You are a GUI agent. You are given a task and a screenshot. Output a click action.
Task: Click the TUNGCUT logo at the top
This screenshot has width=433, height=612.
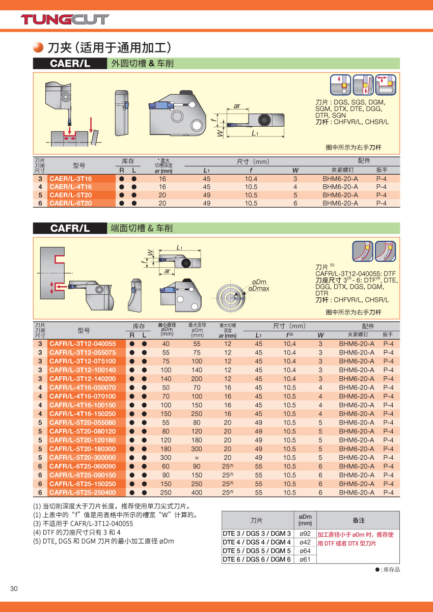[x=65, y=19]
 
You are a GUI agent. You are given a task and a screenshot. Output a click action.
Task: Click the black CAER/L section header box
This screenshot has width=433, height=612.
[x=70, y=64]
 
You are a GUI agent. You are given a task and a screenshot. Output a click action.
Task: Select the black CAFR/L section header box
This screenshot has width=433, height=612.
[x=70, y=229]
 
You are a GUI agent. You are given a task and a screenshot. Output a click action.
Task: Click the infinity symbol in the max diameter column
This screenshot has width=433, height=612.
[x=197, y=458]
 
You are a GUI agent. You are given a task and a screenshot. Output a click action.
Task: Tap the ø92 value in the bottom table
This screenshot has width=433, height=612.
[x=305, y=534]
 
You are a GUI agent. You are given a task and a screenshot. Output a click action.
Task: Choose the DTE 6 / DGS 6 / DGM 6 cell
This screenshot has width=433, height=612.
[x=257, y=560]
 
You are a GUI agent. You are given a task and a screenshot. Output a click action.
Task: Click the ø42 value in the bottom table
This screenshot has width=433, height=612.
[x=305, y=542]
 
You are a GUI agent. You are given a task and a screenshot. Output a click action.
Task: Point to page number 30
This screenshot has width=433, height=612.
[x=14, y=589]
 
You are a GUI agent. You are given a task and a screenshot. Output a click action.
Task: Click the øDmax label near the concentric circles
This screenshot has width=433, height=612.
[x=259, y=289]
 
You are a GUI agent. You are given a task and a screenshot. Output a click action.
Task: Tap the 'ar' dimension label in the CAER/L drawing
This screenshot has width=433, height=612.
[x=237, y=106]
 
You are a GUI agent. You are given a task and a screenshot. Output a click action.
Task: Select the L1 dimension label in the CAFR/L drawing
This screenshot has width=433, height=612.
[x=179, y=248]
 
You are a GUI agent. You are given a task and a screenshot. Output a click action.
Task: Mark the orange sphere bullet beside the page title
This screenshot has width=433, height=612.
[x=38, y=48]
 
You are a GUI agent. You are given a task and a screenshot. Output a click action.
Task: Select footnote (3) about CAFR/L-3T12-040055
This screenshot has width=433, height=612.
[x=83, y=523]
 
